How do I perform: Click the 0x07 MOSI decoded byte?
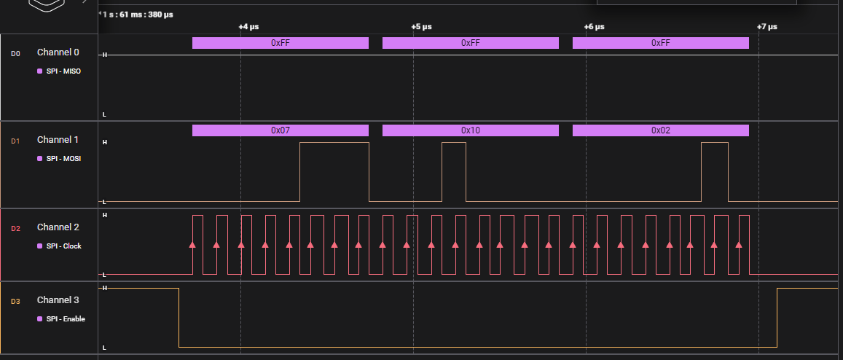tap(281, 130)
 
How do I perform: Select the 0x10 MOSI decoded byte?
tap(470, 130)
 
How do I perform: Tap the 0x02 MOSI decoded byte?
tap(660, 130)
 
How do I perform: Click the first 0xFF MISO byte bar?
tap(281, 43)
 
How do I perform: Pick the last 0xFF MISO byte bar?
tap(660, 43)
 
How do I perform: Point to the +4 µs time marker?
tap(248, 27)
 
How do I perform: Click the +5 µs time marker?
tap(421, 27)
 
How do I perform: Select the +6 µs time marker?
tap(594, 27)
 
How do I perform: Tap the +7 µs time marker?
tap(766, 27)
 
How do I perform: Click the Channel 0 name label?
tap(58, 52)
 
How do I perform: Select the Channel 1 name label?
tap(58, 139)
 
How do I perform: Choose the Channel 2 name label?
tap(58, 227)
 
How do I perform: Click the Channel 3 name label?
tap(58, 300)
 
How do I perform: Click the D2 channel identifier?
tap(15, 228)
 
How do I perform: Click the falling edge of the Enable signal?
tap(179, 318)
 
